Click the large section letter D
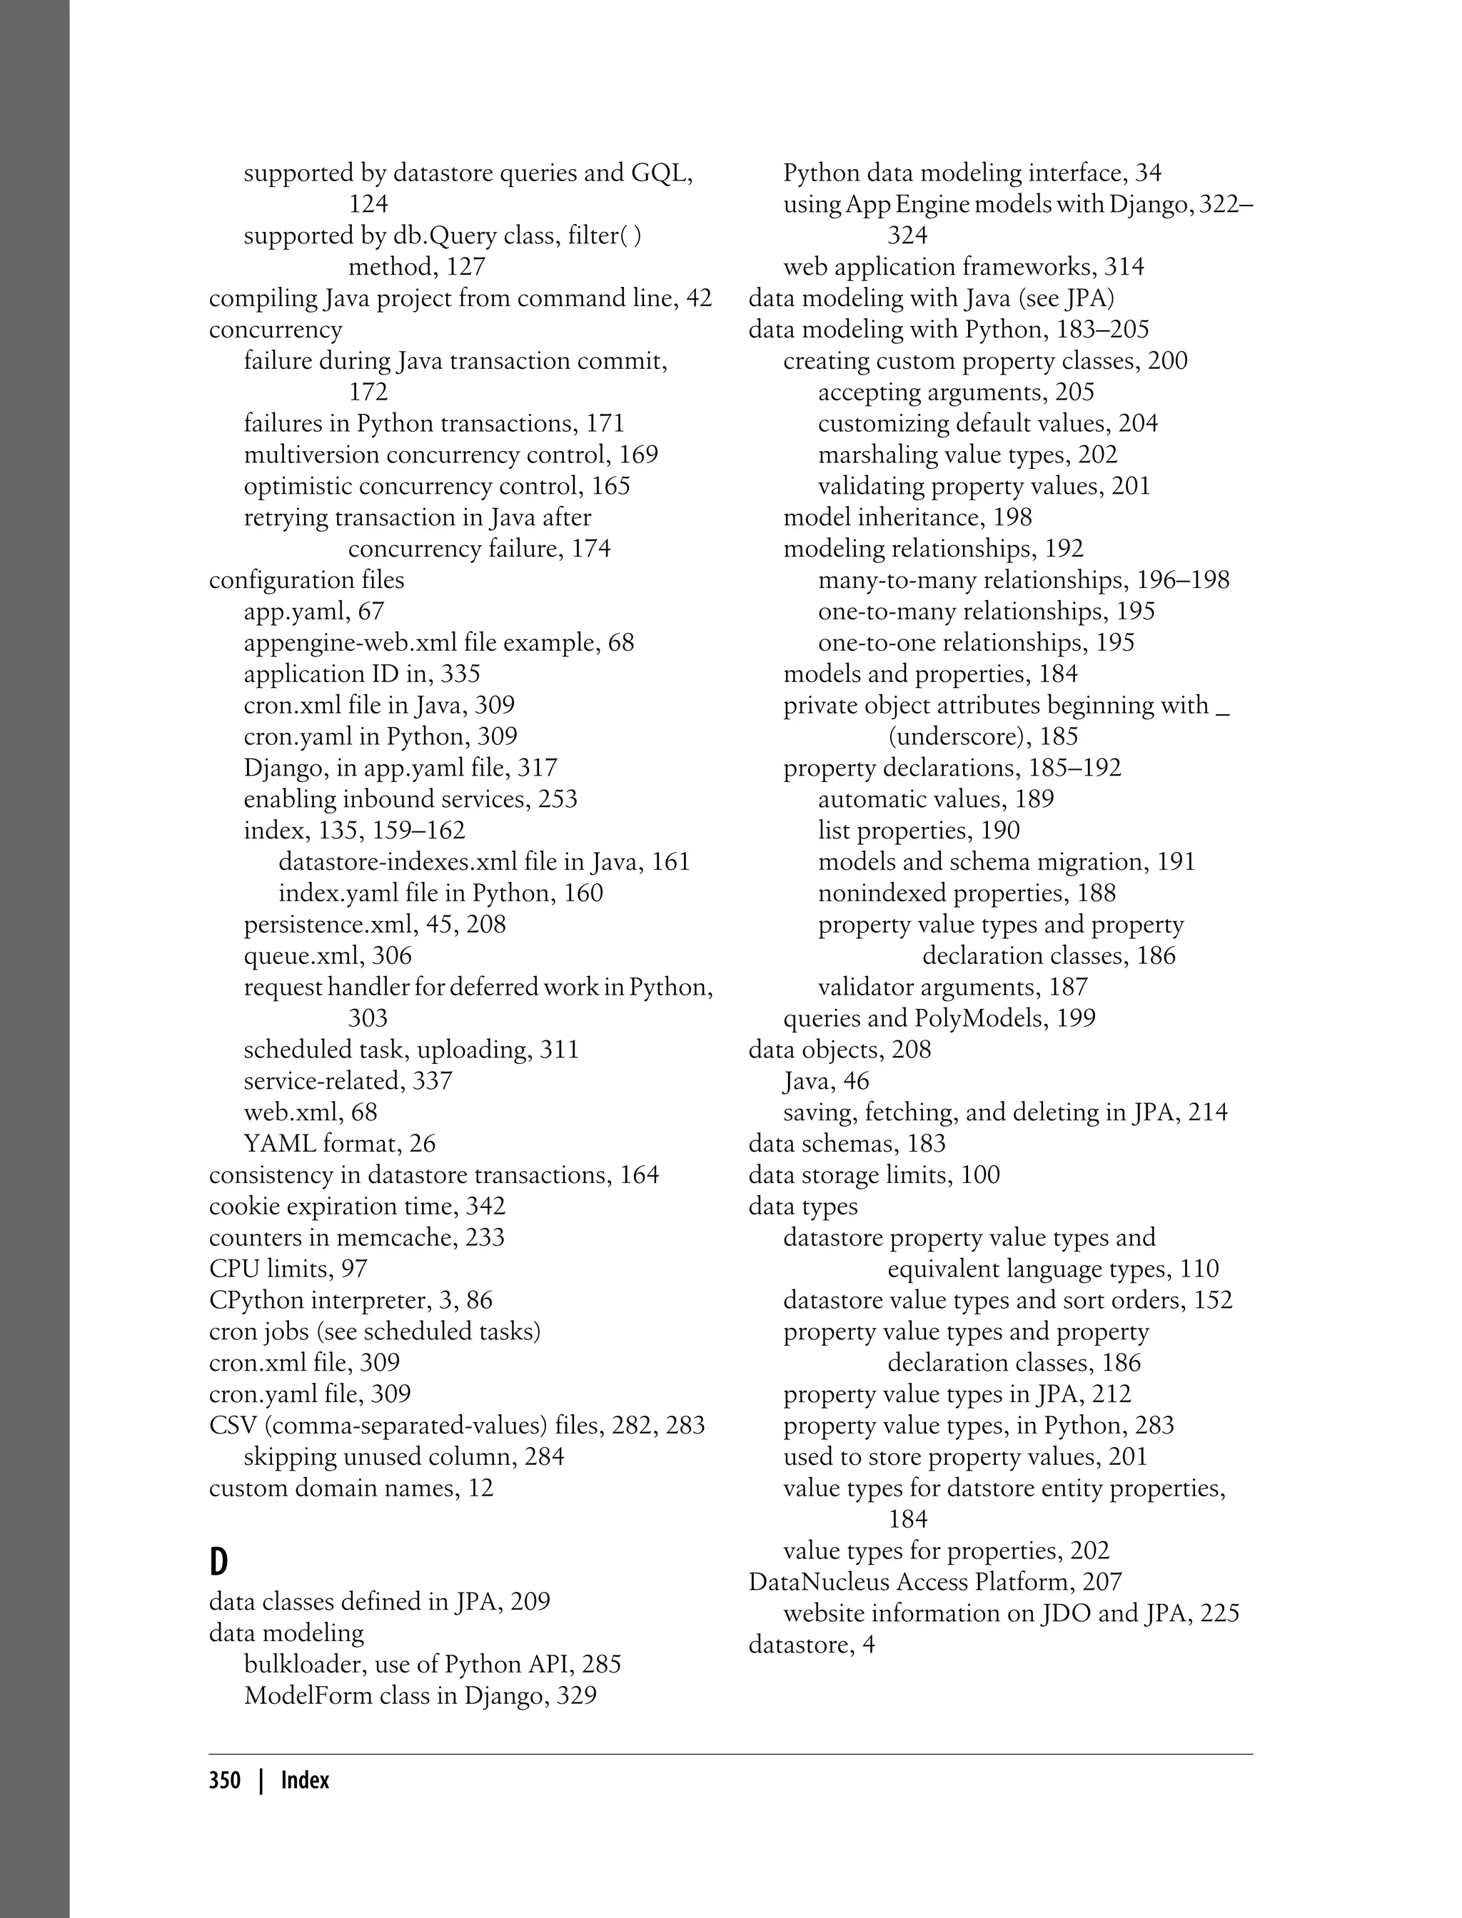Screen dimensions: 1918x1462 [218, 1563]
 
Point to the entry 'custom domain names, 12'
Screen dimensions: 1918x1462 [351, 1488]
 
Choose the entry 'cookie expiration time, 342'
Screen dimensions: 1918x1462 [357, 1207]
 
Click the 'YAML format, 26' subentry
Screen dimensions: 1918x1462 [339, 1144]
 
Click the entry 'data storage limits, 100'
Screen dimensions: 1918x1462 [874, 1175]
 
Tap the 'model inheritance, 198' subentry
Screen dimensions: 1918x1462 [907, 517]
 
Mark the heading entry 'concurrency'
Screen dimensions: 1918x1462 [275, 330]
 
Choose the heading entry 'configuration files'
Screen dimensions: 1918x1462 [306, 580]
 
